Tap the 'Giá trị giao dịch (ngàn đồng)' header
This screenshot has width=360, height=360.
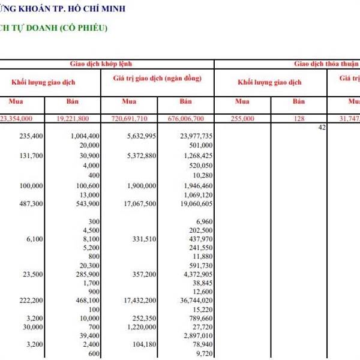point(157,79)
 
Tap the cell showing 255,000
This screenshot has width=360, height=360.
point(242,119)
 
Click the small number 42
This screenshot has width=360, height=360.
point(322,127)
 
